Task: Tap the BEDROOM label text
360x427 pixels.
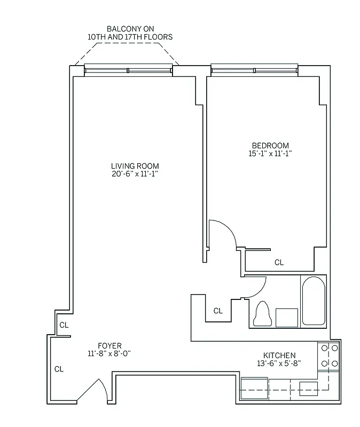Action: click(270, 146)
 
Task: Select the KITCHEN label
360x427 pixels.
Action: click(279, 355)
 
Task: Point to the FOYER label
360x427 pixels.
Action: click(109, 345)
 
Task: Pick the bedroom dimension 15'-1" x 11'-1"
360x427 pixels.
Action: click(270, 154)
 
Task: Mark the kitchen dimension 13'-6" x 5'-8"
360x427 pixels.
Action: click(279, 364)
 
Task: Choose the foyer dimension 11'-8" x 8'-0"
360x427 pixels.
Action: click(109, 353)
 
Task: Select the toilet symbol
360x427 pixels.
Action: click(262, 314)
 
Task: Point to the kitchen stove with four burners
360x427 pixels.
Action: click(328, 356)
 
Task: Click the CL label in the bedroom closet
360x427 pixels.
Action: click(279, 262)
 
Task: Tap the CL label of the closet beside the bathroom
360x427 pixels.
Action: click(218, 311)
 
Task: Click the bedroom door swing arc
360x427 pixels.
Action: click(222, 233)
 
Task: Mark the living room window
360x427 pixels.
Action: click(128, 70)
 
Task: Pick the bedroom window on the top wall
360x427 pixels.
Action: click(254, 70)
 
